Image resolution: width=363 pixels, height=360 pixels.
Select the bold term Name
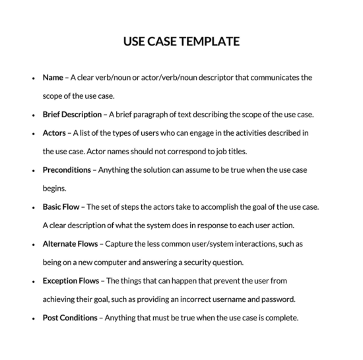coord(53,78)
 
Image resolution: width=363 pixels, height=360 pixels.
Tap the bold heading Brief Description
coord(72,114)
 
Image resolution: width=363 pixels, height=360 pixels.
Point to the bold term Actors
coord(54,133)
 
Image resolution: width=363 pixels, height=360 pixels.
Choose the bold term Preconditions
coord(67,169)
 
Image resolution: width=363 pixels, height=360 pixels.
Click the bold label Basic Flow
coord(62,206)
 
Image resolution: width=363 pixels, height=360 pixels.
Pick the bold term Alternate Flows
coord(71,243)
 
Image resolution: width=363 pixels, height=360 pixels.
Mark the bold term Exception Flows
coord(71,280)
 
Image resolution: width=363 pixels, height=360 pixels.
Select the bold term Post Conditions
coord(70,317)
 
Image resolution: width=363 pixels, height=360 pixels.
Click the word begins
coord(54,188)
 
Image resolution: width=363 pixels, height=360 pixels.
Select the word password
coord(279,299)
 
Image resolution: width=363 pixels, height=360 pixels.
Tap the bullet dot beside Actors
coord(33,133)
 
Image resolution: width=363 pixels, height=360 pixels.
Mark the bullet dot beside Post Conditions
coord(33,318)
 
